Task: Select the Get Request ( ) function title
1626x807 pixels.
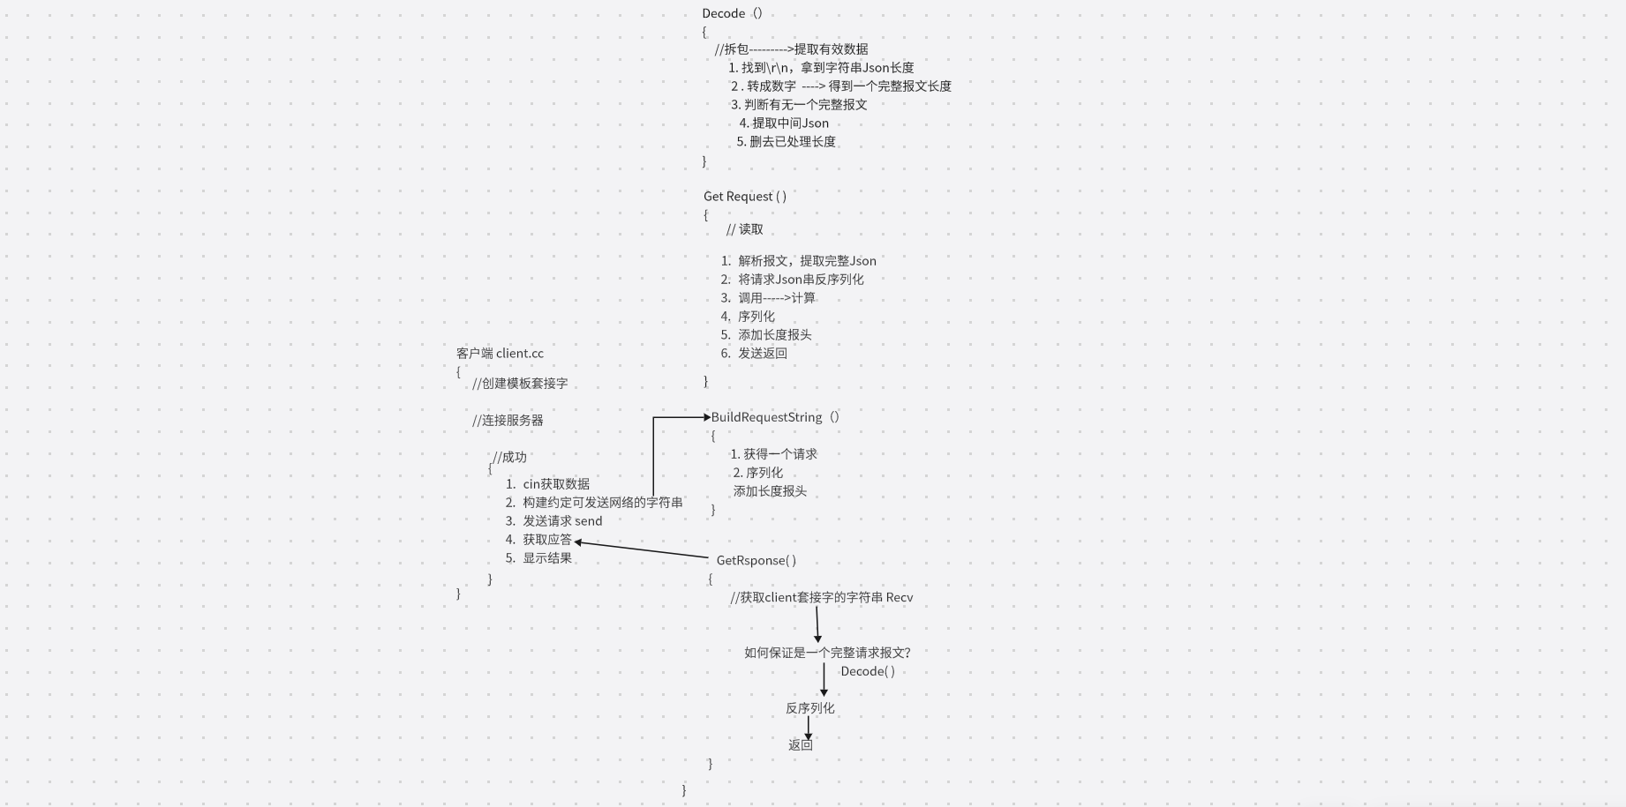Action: pyautogui.click(x=744, y=196)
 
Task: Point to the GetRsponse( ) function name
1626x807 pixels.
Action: pyautogui.click(x=756, y=560)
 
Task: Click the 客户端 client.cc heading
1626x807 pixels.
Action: pyautogui.click(x=500, y=353)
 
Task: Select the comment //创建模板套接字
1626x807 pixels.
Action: pyautogui.click(x=520, y=383)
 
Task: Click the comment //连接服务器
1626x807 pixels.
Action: pyautogui.click(x=508, y=420)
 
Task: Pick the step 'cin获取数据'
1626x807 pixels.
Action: pyautogui.click(x=555, y=483)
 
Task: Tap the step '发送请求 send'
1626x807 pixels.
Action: pyautogui.click(x=561, y=520)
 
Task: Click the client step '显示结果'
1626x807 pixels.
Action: pyautogui.click(x=546, y=557)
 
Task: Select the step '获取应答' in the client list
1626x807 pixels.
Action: pyautogui.click(x=546, y=539)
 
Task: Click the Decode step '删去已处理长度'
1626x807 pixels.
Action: pyautogui.click(x=792, y=141)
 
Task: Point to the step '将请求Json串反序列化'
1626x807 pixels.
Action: pyautogui.click(x=801, y=279)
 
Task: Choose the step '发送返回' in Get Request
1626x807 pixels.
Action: pyautogui.click(x=762, y=353)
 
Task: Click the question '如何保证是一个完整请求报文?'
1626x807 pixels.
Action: pyautogui.click(x=827, y=653)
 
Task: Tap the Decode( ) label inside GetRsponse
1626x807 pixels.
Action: pyautogui.click(x=867, y=671)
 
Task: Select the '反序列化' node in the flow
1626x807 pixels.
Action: pyautogui.click(x=809, y=708)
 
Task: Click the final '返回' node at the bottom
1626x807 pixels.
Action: pyautogui.click(x=800, y=744)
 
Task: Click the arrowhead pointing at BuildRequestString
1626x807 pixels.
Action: pyautogui.click(x=706, y=417)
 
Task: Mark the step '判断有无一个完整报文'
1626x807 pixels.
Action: pyautogui.click(x=805, y=104)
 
